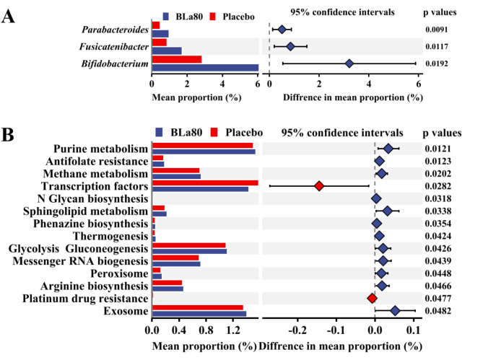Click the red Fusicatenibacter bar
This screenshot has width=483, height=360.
160,42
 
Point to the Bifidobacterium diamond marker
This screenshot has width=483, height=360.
349,63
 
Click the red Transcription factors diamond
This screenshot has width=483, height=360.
319,185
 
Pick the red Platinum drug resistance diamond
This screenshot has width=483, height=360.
372,298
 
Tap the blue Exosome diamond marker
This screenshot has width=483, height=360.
395,311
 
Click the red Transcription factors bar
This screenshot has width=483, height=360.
205,183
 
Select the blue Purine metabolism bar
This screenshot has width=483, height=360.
204,152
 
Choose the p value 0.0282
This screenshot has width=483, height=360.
441,185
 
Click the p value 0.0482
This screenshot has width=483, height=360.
441,311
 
